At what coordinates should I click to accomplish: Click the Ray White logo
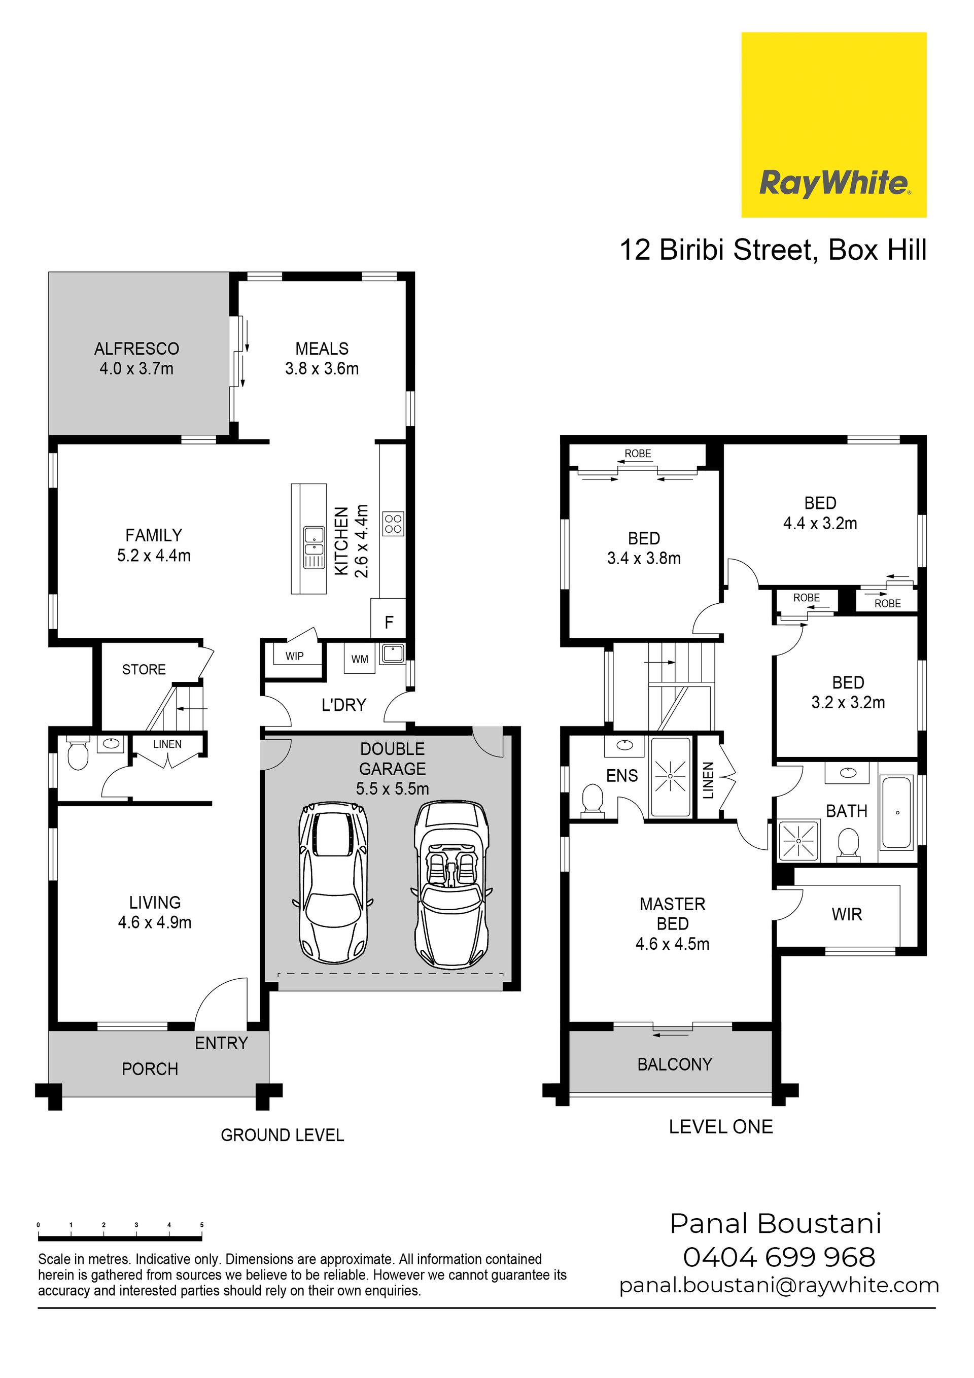pyautogui.click(x=833, y=124)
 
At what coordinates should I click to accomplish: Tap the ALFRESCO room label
pyautogui.click(x=137, y=349)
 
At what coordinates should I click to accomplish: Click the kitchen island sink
pyautogui.click(x=314, y=547)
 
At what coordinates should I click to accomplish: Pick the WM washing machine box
pyautogui.click(x=360, y=659)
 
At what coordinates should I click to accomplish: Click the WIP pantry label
pyautogui.click(x=294, y=656)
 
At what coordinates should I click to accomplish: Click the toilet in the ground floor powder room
pyautogui.click(x=78, y=752)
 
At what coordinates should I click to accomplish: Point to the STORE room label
pyautogui.click(x=144, y=669)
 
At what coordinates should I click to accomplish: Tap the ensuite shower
pyautogui.click(x=670, y=777)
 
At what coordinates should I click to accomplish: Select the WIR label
pyautogui.click(x=847, y=915)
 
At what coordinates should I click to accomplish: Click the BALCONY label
pyautogui.click(x=675, y=1064)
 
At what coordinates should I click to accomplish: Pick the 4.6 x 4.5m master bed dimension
pyautogui.click(x=672, y=944)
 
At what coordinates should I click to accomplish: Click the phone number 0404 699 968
pyautogui.click(x=779, y=1257)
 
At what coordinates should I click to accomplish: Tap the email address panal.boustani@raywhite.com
pyautogui.click(x=779, y=1286)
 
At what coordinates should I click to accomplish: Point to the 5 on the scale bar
pyautogui.click(x=201, y=1225)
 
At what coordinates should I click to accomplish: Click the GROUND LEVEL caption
pyautogui.click(x=282, y=1135)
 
